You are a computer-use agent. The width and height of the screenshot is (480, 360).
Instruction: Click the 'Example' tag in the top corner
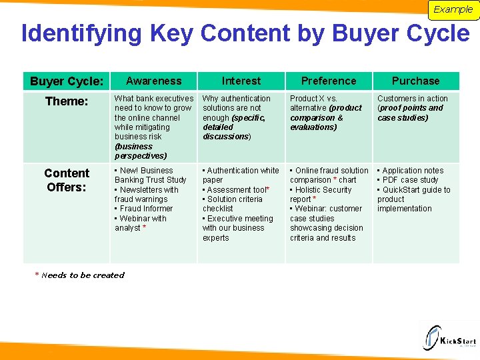click(453, 9)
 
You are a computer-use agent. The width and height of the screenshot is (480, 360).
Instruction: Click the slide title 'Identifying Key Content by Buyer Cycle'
click(245, 33)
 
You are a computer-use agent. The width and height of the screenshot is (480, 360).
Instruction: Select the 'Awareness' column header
click(153, 81)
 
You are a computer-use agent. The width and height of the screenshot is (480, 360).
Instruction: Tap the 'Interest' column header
click(241, 81)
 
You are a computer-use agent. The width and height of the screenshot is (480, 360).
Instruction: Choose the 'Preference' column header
click(329, 81)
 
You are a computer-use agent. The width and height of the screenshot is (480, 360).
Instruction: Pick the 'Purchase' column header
click(416, 81)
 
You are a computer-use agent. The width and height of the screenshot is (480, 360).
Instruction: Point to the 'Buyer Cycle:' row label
click(67, 81)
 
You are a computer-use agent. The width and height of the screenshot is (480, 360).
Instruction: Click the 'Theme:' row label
click(67, 101)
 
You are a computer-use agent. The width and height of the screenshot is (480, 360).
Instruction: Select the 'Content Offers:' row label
click(67, 180)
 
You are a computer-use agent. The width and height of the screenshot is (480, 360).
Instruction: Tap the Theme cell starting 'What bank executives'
click(153, 127)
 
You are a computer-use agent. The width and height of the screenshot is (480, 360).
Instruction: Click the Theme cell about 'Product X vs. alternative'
click(327, 113)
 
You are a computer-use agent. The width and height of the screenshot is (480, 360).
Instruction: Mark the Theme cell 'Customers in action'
click(413, 108)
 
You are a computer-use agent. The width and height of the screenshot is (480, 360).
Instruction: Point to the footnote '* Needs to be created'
click(80, 275)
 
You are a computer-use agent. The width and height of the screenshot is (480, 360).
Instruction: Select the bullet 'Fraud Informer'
click(147, 209)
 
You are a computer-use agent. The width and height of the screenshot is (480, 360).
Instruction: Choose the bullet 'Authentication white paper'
click(241, 175)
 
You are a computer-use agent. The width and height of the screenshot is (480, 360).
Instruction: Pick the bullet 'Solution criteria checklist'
click(233, 204)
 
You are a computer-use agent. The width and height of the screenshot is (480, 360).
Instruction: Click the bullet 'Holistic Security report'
click(322, 194)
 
